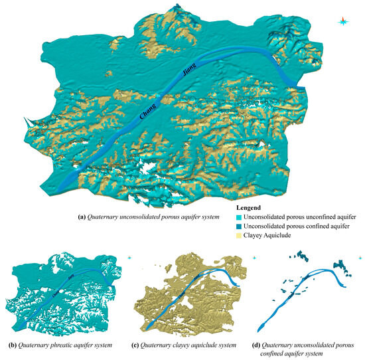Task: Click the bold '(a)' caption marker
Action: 81,217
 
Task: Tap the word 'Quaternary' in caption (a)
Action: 104,217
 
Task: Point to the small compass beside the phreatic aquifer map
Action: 130,257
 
